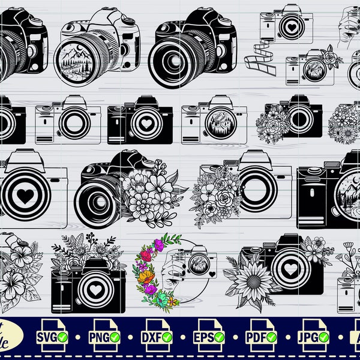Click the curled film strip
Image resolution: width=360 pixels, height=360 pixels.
[263, 59]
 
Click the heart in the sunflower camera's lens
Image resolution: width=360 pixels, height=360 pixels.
[290, 269]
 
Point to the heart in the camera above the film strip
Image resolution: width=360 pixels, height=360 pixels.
[292, 28]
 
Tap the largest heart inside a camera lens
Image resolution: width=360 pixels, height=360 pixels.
[24, 195]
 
